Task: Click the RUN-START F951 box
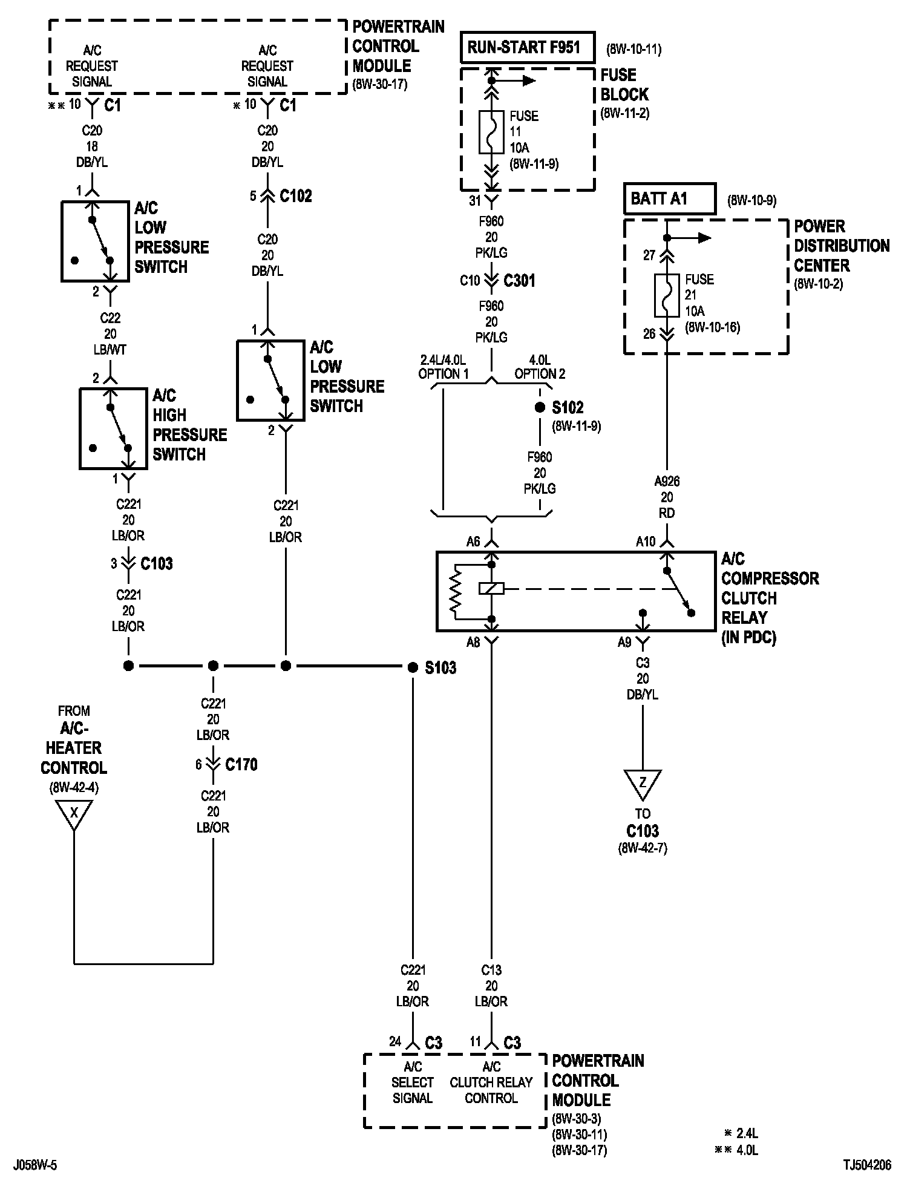click(528, 47)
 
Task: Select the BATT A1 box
click(670, 198)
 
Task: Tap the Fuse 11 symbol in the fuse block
click(491, 131)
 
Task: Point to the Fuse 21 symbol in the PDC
click(666, 295)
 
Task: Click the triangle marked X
click(74, 813)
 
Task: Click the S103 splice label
click(440, 668)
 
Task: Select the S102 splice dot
click(540, 408)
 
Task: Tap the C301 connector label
click(519, 281)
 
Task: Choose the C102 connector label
click(296, 196)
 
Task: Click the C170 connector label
click(241, 765)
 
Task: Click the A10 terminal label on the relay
click(646, 542)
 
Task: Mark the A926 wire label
click(667, 482)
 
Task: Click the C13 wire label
click(491, 971)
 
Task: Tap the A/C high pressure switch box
click(113, 428)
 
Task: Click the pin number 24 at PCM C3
click(395, 1042)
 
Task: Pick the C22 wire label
click(110, 318)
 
